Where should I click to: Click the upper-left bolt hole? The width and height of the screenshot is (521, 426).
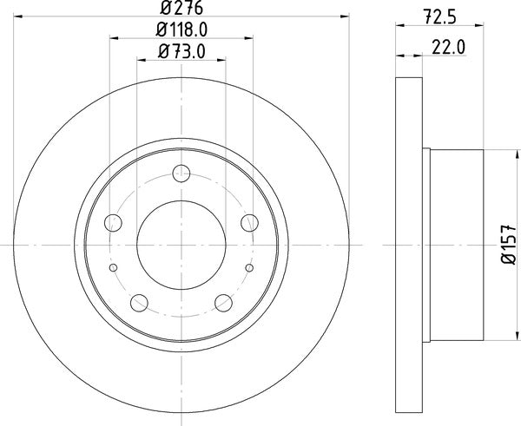pos(115,223)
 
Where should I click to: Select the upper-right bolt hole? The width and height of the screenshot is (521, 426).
pos(249,221)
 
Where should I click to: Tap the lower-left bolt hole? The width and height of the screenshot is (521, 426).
pos(139,302)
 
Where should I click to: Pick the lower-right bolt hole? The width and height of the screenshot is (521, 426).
pos(224,302)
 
